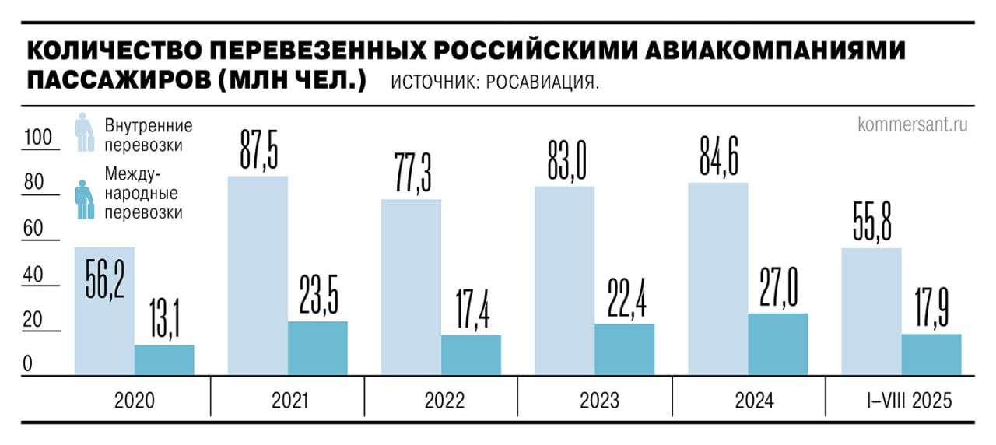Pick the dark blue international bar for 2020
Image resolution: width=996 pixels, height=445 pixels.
(164, 360)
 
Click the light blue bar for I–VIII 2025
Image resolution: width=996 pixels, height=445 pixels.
(871, 311)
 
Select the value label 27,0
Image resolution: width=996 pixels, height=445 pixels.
(777, 286)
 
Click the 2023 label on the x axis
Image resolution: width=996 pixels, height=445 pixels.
(600, 401)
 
